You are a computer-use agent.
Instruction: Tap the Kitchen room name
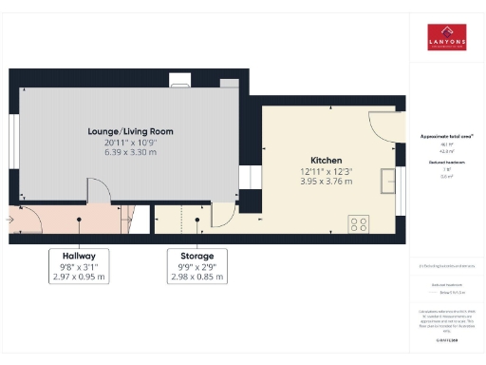[x=326, y=160]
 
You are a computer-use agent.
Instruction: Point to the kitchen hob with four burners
[x=360, y=224]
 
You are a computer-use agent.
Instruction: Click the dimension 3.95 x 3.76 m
[x=326, y=181]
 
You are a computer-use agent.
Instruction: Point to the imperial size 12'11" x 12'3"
[x=326, y=170]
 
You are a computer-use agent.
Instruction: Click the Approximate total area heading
[x=446, y=136]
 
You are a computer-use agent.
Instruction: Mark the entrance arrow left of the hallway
[x=9, y=220]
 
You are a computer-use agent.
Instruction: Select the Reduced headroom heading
[x=446, y=163]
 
